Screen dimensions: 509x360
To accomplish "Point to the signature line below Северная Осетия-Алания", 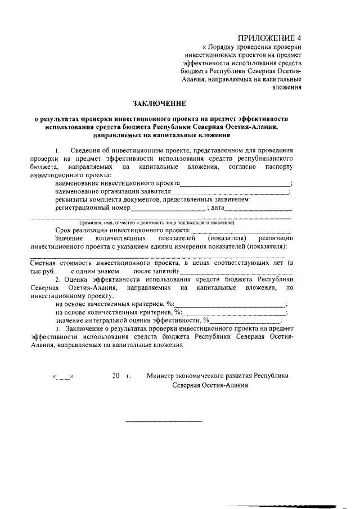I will [x=163, y=421].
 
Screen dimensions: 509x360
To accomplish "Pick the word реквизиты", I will [x=70, y=200].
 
